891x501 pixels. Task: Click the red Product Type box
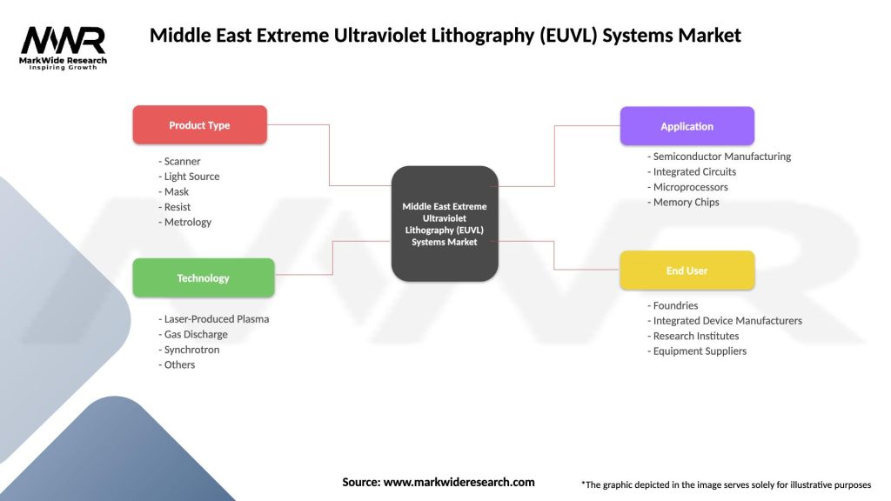click(199, 125)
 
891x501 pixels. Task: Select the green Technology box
click(203, 278)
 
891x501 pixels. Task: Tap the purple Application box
click(687, 126)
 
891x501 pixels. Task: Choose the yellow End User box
click(687, 271)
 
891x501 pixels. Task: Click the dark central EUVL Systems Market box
click(445, 224)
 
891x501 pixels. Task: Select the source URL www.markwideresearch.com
click(459, 482)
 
